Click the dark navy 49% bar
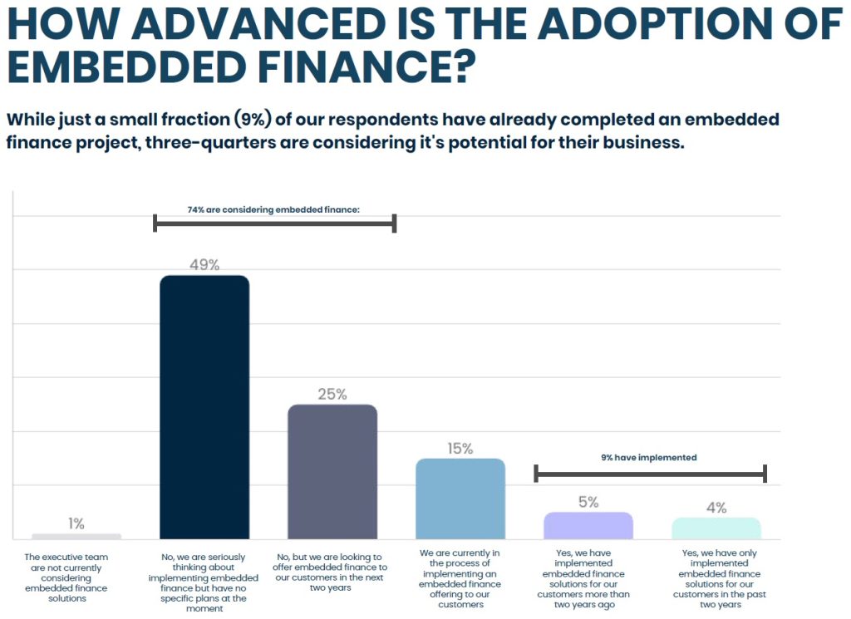tap(204, 407)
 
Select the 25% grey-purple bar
tap(332, 471)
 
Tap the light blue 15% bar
tap(460, 499)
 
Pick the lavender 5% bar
tap(588, 525)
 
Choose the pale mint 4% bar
tap(716, 528)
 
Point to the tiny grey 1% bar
tap(76, 536)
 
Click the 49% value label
tap(204, 265)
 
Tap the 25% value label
tap(332, 394)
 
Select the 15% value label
tap(460, 449)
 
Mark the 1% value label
tap(76, 523)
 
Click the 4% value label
tap(716, 507)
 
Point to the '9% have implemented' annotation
tap(649, 458)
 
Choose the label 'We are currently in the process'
tap(460, 577)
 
